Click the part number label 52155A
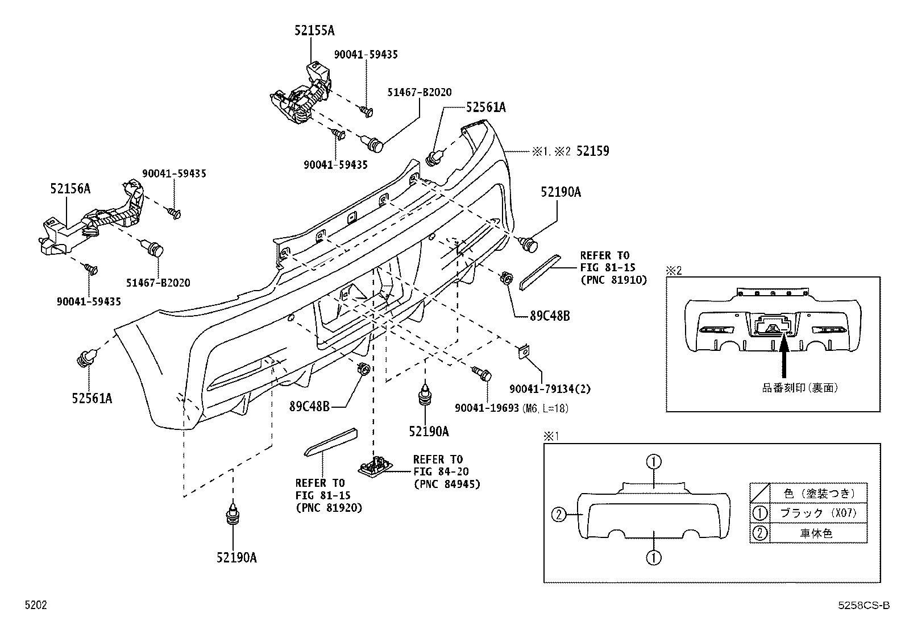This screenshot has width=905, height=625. pos(314,30)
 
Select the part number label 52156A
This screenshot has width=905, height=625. pos(70,188)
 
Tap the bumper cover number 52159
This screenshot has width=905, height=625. pos(592,151)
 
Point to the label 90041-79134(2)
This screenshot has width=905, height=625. pos(550,389)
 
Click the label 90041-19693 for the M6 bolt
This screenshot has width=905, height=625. pos(487,408)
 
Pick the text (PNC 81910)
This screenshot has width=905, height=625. pos(614,280)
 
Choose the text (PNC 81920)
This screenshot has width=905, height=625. pos(329,508)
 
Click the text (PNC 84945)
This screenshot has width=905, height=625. pos(447,484)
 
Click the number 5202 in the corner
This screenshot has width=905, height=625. pos(36,605)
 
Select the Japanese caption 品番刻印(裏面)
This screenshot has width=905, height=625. pos(800,388)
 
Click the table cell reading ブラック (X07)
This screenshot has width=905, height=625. pos(819,513)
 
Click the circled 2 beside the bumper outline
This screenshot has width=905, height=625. pos(559,515)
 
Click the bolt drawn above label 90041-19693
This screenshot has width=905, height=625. pos(481,373)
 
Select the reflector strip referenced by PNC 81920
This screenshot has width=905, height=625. pos(331,442)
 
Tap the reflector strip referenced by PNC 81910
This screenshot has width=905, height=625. pos(540,272)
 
